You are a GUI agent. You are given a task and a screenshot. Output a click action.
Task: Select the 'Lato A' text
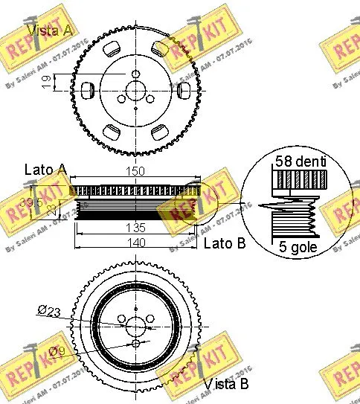pyautogui.click(x=45, y=171)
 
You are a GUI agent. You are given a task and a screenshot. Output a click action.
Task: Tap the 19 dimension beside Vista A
pyautogui.click(x=46, y=82)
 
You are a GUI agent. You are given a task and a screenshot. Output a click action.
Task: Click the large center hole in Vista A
pyautogui.click(x=135, y=89)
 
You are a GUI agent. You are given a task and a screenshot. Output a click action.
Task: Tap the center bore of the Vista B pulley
pyautogui.click(x=135, y=327)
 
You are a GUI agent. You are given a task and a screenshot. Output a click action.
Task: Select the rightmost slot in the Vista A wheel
pyautogui.click(x=185, y=89)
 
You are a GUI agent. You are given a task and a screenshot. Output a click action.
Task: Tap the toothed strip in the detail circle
pyautogui.click(x=301, y=180)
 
